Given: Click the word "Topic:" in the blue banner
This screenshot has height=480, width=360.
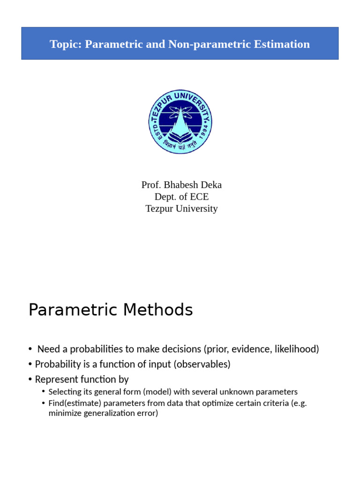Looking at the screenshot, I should pos(66,44).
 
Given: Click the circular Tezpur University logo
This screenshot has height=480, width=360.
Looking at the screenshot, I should pos(180,122).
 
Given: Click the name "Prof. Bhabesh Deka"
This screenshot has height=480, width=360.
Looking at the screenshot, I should pos(181,185).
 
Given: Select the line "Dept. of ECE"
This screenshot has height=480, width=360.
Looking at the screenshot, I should pos(181,197).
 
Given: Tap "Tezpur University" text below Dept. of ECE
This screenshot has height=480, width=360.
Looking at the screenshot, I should pos(181,209).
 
